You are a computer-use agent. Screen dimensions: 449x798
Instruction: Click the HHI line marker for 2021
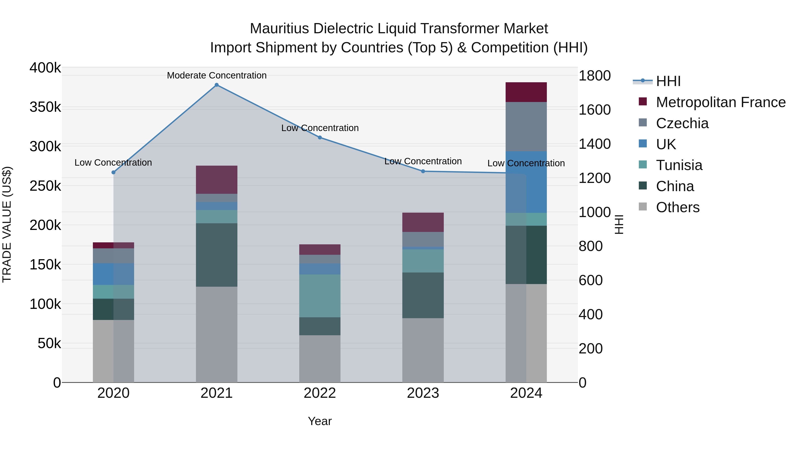tap(217, 85)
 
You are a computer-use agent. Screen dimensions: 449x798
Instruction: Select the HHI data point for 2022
tap(320, 137)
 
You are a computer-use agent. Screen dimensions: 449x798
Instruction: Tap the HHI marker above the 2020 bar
tap(113, 172)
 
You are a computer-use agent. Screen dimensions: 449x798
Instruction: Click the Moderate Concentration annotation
tap(217, 75)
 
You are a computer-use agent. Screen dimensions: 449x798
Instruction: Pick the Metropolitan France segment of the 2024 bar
tap(526, 92)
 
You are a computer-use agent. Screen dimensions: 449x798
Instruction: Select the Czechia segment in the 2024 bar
tap(526, 126)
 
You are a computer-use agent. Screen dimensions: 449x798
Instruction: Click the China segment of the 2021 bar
tap(217, 255)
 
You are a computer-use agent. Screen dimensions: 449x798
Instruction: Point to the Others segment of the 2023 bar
tap(423, 350)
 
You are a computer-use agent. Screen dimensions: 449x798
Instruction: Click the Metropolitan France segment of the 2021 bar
tap(217, 180)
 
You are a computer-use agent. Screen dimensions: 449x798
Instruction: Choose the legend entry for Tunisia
tap(679, 165)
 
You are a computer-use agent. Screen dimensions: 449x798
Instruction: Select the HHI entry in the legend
tap(668, 81)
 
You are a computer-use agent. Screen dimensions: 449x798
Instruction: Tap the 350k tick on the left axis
tap(45, 108)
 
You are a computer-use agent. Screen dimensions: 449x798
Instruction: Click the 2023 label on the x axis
tap(423, 393)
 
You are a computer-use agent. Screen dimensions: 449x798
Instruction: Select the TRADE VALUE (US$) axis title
tap(7, 224)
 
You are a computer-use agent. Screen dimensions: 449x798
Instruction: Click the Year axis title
tap(320, 421)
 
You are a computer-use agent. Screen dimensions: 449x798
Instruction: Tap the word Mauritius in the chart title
tap(280, 29)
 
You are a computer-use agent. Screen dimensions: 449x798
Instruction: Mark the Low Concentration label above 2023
tap(423, 161)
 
